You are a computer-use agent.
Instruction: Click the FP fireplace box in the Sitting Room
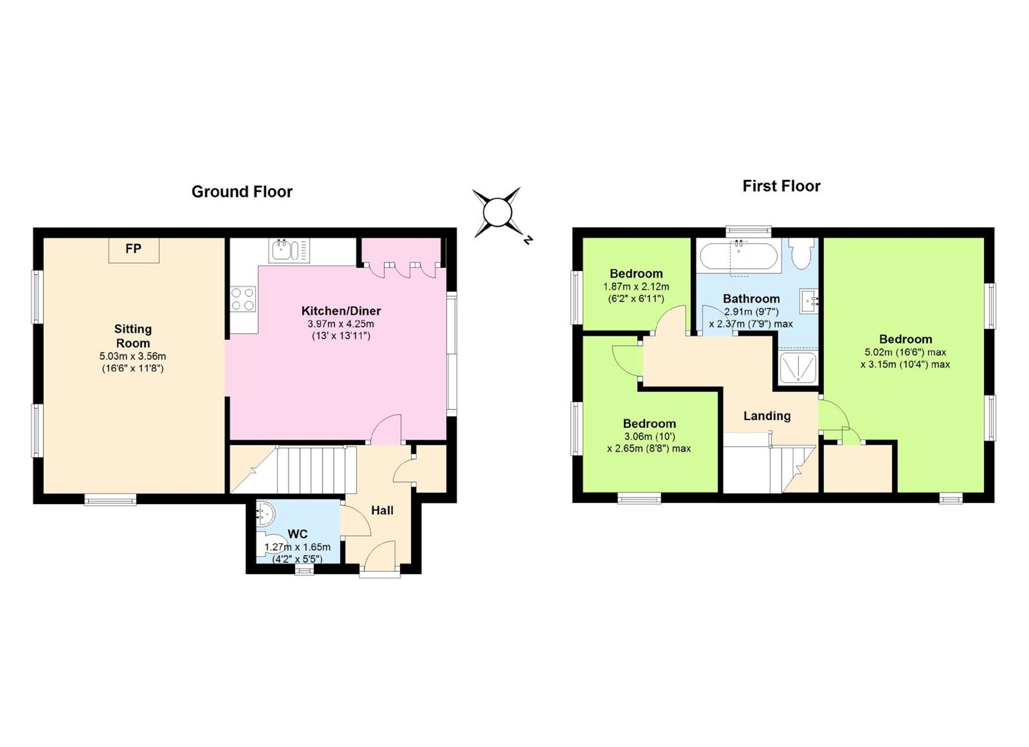(134, 250)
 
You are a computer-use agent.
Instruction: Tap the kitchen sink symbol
(289, 250)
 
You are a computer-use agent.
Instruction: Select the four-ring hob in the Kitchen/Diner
(242, 299)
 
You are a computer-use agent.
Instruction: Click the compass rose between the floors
(497, 213)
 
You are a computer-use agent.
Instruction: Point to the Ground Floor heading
(242, 191)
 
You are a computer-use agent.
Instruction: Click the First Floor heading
(782, 186)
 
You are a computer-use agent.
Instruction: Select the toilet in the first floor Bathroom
(802, 254)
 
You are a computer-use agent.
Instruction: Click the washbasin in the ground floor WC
(265, 513)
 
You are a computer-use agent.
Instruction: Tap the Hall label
(382, 510)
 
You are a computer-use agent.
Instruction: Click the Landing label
(767, 416)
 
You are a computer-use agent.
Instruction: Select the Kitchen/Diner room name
(341, 311)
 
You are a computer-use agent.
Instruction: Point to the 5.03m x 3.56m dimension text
(133, 356)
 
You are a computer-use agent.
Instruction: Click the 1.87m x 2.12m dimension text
(636, 286)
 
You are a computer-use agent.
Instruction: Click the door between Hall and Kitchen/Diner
(387, 430)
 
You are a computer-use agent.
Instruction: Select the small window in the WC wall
(304, 570)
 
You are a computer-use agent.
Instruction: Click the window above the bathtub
(749, 231)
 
